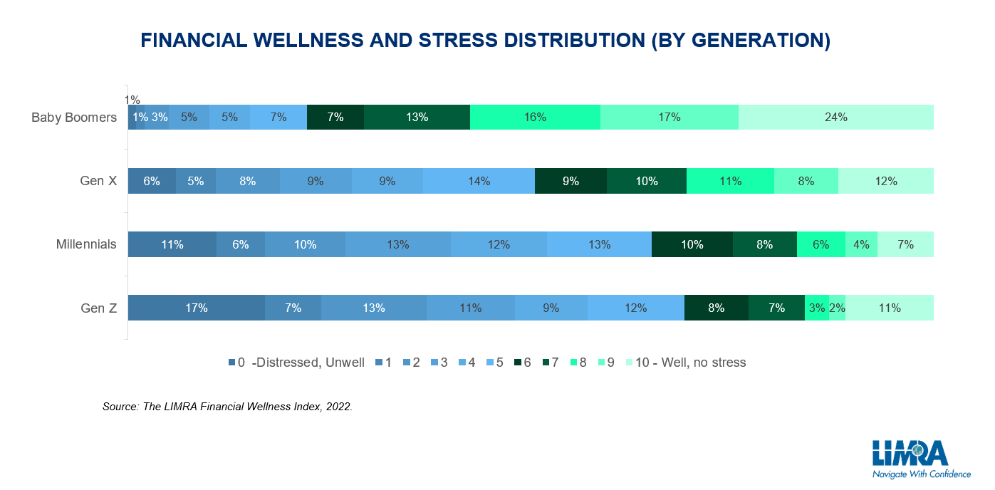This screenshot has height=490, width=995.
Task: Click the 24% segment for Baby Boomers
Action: [836, 118]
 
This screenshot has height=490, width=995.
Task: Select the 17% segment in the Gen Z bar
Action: [197, 308]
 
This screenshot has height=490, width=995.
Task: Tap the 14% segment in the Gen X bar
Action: [479, 181]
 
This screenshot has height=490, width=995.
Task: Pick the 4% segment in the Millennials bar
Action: [861, 244]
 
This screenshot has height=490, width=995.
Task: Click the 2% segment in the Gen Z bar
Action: [838, 308]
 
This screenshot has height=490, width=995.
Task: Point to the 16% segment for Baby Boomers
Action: [536, 118]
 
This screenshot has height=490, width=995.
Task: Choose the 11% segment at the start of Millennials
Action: [172, 244]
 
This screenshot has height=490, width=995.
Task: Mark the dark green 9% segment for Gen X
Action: [571, 181]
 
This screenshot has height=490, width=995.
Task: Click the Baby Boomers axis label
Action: [74, 118]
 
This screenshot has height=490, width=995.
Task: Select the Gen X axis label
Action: [98, 181]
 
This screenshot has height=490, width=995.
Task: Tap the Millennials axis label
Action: [86, 244]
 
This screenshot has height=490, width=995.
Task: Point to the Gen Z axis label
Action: [98, 308]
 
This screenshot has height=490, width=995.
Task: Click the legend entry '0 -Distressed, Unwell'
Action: [296, 363]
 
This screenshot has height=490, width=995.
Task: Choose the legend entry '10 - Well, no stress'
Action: [686, 363]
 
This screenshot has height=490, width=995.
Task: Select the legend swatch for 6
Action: [518, 363]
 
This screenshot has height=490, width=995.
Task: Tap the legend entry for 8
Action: [578, 363]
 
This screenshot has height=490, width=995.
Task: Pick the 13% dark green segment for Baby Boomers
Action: [417, 118]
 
